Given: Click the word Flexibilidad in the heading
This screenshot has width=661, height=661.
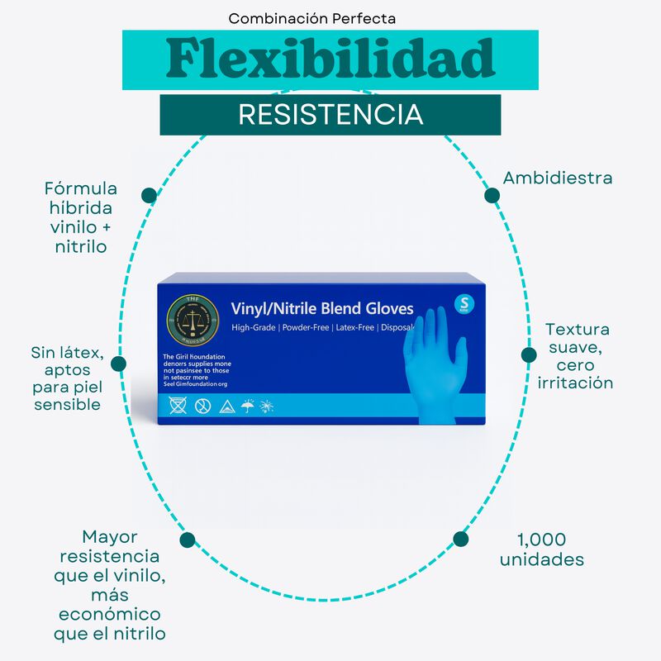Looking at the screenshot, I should point(330,58).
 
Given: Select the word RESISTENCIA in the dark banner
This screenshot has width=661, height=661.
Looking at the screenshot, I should point(330,115).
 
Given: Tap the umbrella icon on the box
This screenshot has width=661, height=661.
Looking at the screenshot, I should point(247,406).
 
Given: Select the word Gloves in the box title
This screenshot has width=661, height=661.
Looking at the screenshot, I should point(383,309).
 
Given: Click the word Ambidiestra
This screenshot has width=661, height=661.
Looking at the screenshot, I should point(558,178).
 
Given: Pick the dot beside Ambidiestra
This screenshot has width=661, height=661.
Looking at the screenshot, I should point(492,196).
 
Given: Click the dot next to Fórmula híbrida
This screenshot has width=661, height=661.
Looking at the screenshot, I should point(149,196).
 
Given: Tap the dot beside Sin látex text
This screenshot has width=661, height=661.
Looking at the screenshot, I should point(118,364).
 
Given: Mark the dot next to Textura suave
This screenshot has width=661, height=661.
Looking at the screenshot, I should point(530,355).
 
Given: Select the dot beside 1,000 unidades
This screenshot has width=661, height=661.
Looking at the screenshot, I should point(461,539).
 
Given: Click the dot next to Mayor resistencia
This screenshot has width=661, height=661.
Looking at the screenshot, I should point(188,540).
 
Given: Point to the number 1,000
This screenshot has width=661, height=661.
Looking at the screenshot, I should point(541,540).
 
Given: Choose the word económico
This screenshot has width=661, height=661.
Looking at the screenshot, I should point(109,615).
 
